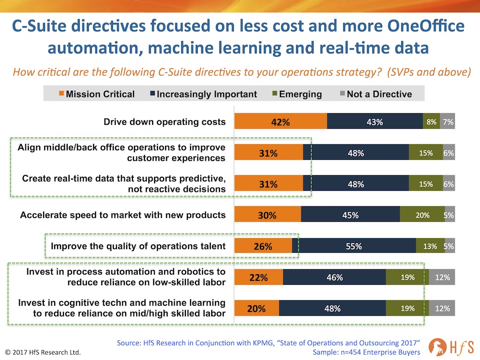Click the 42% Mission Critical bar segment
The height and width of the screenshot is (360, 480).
click(x=281, y=122)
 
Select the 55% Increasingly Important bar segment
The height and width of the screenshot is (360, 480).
click(x=354, y=246)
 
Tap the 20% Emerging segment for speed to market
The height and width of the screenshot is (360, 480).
click(x=422, y=215)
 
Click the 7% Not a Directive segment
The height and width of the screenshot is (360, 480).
click(x=448, y=122)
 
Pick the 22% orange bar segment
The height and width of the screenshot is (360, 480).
click(x=259, y=277)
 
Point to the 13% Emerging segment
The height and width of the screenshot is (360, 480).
click(x=430, y=246)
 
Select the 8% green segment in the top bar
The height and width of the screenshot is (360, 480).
click(x=431, y=122)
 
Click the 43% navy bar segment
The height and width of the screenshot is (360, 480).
click(x=375, y=122)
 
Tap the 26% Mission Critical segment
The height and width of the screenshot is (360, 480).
click(x=263, y=246)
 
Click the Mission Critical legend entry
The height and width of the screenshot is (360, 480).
click(x=96, y=94)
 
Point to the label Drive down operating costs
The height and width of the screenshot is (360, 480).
click(x=165, y=122)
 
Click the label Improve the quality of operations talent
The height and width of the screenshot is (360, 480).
click(x=138, y=246)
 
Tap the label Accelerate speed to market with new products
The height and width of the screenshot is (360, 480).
click(x=123, y=215)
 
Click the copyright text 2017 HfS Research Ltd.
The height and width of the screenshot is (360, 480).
click(x=43, y=352)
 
